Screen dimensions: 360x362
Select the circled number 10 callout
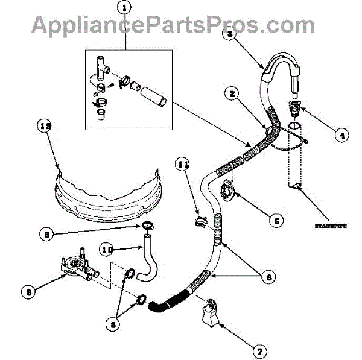(x=106, y=248)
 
